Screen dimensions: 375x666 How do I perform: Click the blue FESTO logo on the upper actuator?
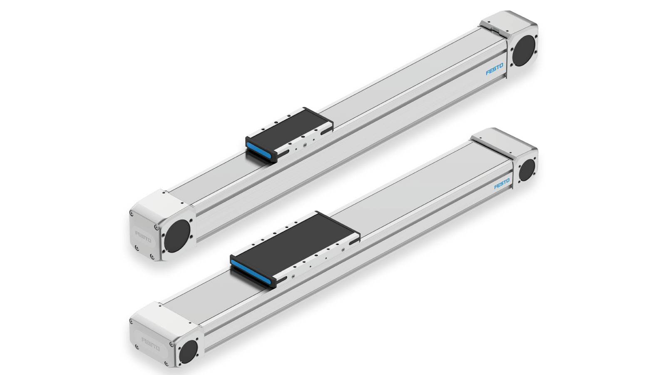click(x=495, y=69)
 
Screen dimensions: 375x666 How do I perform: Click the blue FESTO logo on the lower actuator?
click(x=502, y=184)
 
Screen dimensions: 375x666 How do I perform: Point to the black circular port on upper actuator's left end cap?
click(x=177, y=235)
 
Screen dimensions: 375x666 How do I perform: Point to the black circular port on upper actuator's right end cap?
click(x=523, y=50)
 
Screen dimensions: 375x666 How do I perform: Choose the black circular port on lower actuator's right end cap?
click(x=527, y=170)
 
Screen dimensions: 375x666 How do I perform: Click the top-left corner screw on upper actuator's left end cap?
click(x=132, y=213)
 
